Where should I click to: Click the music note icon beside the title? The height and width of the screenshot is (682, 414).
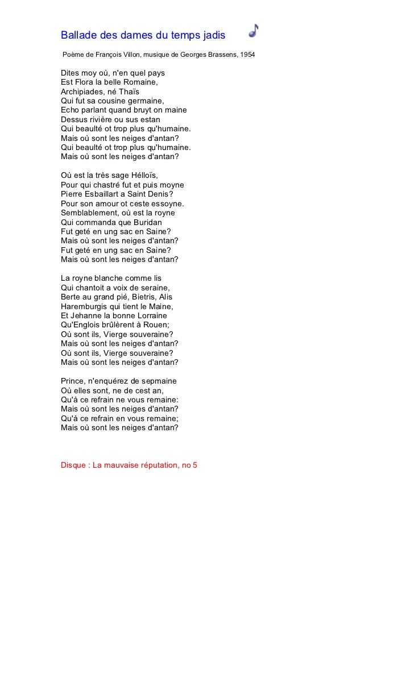[x=254, y=31]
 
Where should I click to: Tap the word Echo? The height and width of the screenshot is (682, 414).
[x=71, y=110]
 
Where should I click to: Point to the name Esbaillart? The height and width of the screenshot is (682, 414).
[x=105, y=194]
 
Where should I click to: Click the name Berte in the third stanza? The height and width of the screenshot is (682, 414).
[x=71, y=297]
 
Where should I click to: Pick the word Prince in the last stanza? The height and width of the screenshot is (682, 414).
[x=73, y=381]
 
